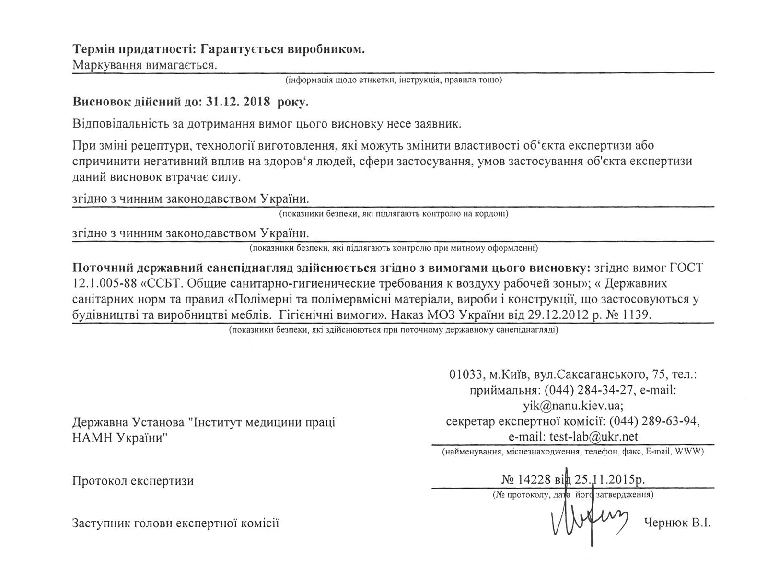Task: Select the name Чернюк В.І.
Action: (x=677, y=523)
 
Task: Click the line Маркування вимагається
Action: (x=145, y=65)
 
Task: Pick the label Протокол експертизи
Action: (x=133, y=480)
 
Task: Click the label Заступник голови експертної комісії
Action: (x=175, y=523)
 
